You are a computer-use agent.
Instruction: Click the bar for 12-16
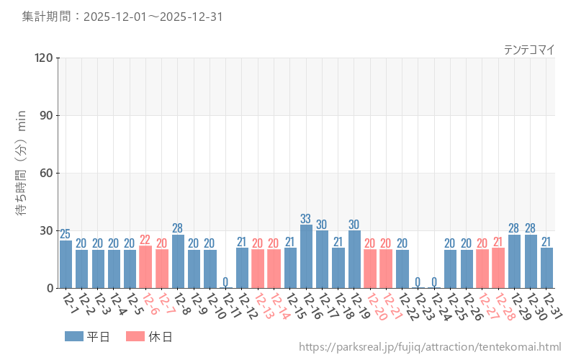306,257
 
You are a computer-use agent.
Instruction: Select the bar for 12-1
66,264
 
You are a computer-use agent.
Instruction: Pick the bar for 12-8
178,261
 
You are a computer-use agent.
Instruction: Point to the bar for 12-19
354,259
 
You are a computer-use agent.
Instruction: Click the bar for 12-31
547,268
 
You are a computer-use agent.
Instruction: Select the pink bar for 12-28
498,268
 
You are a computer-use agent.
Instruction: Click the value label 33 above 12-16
306,219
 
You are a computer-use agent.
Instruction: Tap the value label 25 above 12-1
66,234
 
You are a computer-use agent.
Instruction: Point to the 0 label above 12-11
225,282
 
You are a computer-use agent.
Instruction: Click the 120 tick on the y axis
44,58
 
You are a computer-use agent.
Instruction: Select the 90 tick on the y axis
47,115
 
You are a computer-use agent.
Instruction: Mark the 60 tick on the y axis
47,173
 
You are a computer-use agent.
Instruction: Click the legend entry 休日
148,336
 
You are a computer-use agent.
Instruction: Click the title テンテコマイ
528,50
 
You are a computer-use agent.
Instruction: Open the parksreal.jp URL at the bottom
429,347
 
